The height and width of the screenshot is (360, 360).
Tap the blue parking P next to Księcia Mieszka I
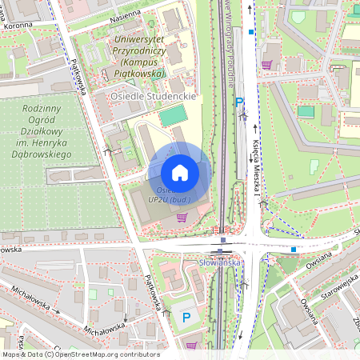click(238, 102)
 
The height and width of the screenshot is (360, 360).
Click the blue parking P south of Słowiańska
click(186, 318)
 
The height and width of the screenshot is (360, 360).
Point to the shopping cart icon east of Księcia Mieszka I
click(266, 64)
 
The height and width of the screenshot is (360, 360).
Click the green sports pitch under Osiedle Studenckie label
click(170, 117)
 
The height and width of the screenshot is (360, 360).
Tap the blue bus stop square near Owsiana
click(294, 249)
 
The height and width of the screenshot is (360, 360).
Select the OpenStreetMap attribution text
click(80, 354)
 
